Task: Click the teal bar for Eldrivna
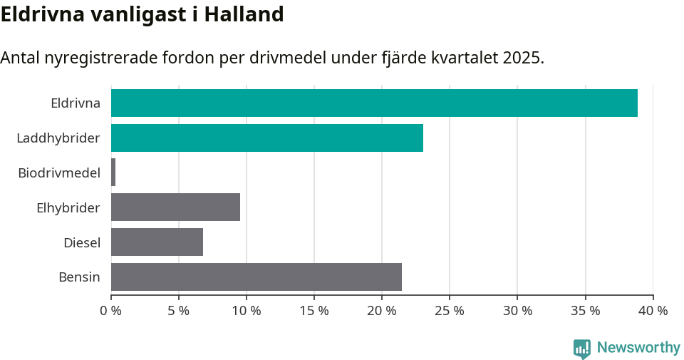coord(374,103)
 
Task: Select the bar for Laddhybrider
coord(267,138)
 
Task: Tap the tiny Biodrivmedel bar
coord(113,173)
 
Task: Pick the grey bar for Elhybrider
coord(175,207)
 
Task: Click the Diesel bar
coord(157,242)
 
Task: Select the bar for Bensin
coord(256,277)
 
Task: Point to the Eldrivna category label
coord(76,103)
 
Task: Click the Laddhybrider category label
coord(58,138)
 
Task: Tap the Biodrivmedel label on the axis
coord(59,173)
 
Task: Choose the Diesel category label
coord(82,242)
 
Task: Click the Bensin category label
coord(79,277)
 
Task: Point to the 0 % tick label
coord(111,311)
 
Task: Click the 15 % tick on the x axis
coord(314,311)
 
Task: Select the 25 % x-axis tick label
coord(450,311)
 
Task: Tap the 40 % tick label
coord(653,311)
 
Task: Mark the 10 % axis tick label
coord(247,311)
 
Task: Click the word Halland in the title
coord(244,14)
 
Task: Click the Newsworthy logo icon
coord(582,348)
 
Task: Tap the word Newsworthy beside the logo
coord(638,348)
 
